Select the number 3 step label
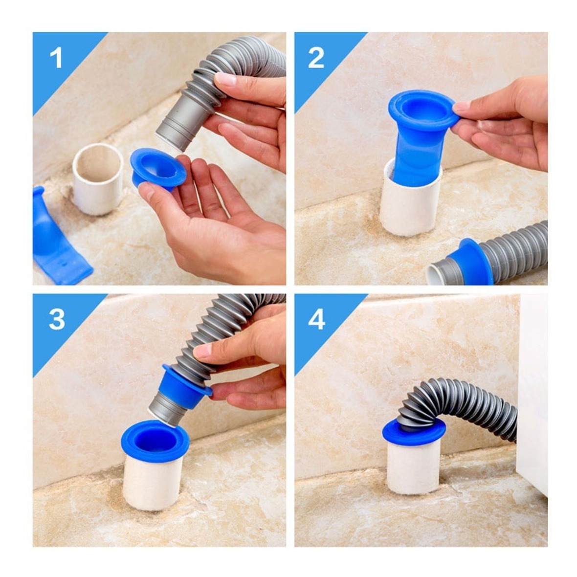57,319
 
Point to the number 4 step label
316,319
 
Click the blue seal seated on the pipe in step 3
155,442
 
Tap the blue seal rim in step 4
414,432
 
